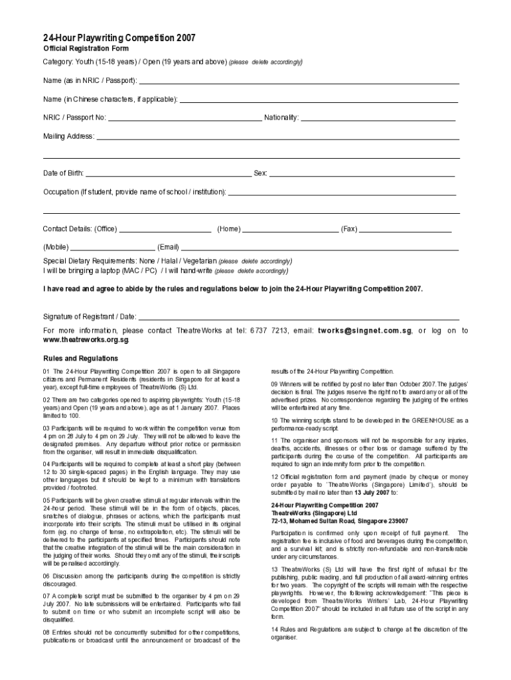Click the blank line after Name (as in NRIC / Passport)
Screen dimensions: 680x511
point(299,82)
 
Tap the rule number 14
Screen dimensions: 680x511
point(275,629)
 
